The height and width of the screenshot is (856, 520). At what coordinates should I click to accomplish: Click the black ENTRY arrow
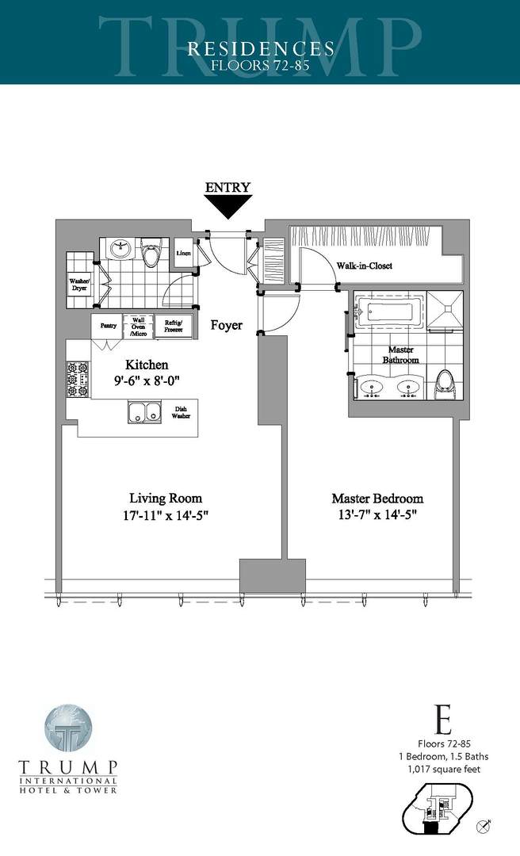pos(227,206)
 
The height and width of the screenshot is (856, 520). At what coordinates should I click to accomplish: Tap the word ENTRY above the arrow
pos(227,188)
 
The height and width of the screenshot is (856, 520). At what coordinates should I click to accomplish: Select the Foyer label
pos(226,325)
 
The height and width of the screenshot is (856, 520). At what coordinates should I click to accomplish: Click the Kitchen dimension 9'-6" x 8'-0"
pos(147,380)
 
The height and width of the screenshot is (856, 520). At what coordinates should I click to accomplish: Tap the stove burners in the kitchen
pos(77,379)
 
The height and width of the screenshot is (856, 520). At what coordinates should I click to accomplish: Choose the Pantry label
pos(109,326)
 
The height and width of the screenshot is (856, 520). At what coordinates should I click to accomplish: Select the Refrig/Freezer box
pos(173,326)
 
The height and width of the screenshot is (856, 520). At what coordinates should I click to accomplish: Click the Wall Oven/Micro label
pos(138,326)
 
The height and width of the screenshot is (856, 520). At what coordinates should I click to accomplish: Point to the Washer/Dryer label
pos(79,284)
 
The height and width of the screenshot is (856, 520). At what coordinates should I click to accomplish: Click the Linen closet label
pos(183,252)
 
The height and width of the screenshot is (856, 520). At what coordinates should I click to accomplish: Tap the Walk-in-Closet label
pos(364,266)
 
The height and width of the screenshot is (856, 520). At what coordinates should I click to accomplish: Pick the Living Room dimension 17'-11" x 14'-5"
pos(165,514)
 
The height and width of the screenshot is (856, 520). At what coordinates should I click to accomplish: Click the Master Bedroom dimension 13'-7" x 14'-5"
pos(377,514)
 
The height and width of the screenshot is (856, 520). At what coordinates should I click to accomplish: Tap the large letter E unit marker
pos(444,722)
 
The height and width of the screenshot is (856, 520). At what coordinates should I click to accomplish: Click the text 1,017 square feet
pos(444,769)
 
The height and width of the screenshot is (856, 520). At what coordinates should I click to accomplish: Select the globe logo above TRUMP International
pos(68,727)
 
